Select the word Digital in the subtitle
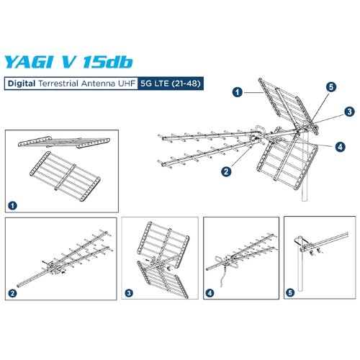[22, 84]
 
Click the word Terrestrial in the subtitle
[60, 84]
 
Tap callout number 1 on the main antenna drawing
[236, 93]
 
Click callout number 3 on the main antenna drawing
[348, 112]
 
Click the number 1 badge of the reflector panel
[12, 205]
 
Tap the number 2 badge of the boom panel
[12, 294]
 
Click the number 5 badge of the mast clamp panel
[290, 294]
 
